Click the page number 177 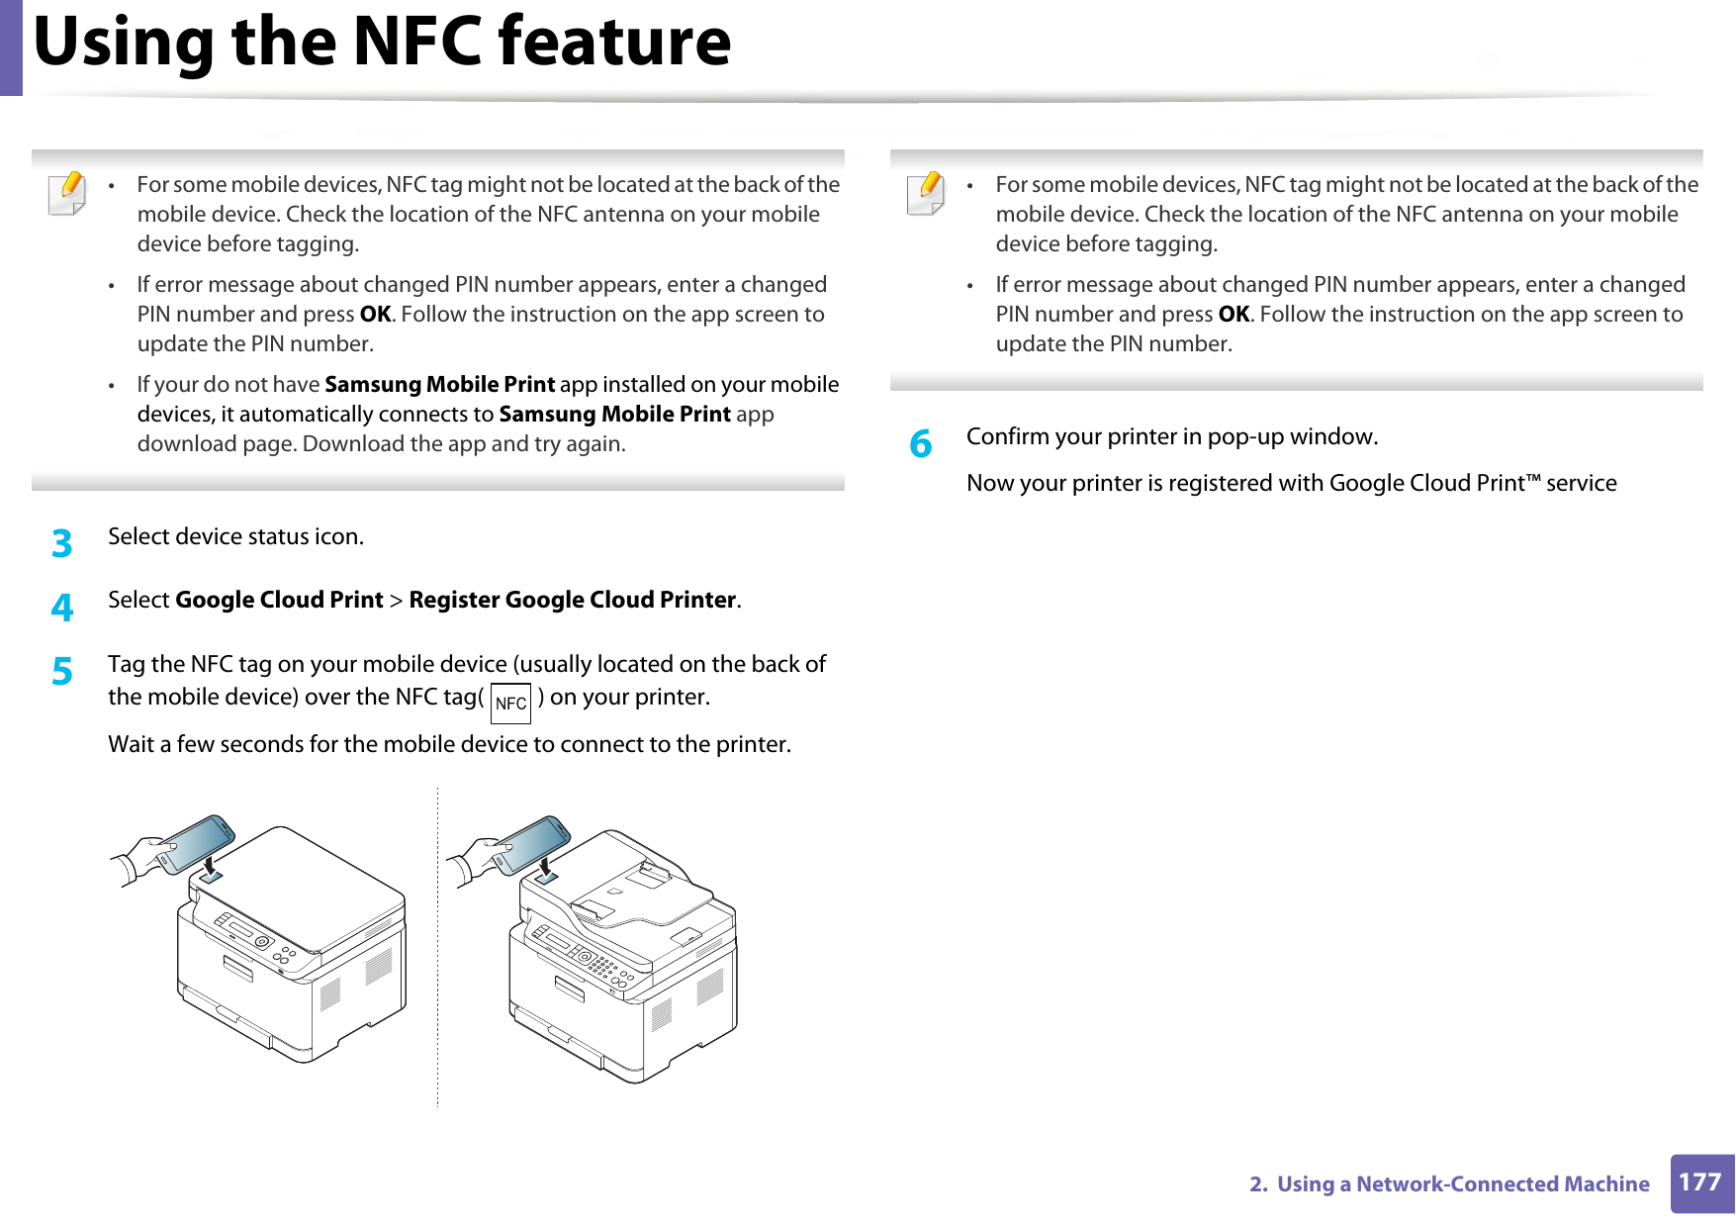1700,1182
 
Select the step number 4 62,608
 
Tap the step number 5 62,672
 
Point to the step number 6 921,444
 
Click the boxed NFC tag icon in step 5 510,704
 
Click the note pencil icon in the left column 67,193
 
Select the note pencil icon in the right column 926,193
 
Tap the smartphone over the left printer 196,843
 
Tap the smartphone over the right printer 532,844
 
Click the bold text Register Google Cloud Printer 572,600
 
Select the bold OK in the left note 375,315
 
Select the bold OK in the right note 1233,315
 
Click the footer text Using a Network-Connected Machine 1462,1184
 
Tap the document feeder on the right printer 643,891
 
